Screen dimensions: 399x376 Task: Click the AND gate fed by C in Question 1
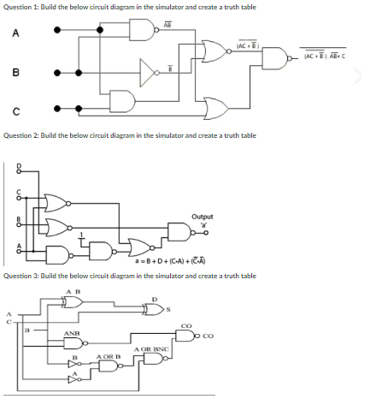pyautogui.click(x=124, y=101)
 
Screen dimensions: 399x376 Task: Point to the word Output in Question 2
pyautogui.click(x=203, y=217)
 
